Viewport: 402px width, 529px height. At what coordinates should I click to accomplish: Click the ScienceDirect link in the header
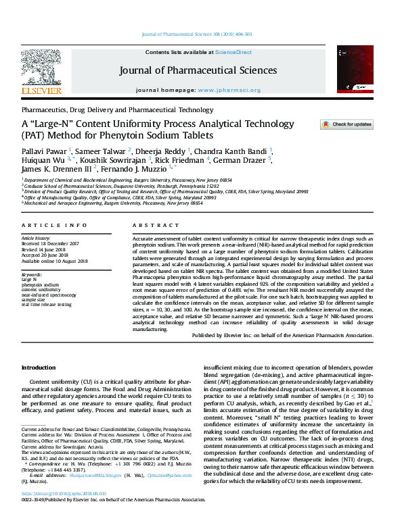click(233, 52)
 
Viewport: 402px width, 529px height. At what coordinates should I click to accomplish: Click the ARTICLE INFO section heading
click(45, 225)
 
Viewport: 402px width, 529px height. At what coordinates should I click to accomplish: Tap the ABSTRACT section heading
click(147, 225)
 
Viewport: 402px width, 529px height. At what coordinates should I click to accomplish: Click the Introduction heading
click(39, 368)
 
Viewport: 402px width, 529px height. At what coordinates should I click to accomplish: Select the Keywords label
click(32, 275)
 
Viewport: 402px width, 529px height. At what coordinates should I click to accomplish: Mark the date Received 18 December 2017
click(51, 244)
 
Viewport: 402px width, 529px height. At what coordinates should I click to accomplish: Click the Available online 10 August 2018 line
click(54, 260)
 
